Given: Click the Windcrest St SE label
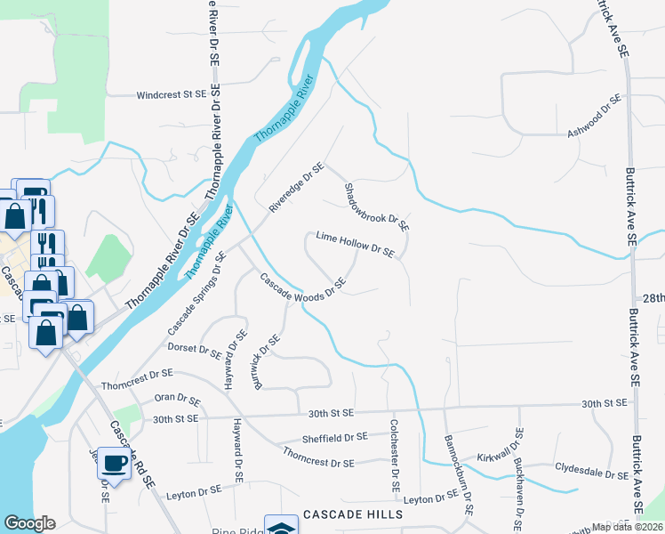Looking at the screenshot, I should click(171, 93).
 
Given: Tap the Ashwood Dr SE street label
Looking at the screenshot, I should click(594, 120).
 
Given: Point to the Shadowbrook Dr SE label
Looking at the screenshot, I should click(376, 207).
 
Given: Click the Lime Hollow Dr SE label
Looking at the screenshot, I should click(355, 245).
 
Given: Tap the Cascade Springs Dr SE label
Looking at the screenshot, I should click(195, 293).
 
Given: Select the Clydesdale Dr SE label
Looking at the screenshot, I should click(591, 470).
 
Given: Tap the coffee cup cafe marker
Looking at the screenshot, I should click(114, 463).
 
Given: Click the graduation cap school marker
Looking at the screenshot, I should click(281, 526).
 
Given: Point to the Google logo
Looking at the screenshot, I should click(29, 523).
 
